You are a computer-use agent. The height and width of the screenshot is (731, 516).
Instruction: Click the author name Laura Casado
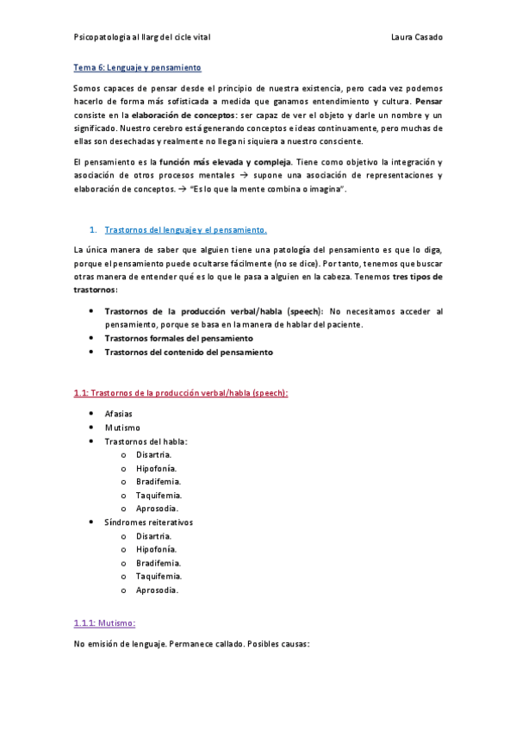click(x=416, y=38)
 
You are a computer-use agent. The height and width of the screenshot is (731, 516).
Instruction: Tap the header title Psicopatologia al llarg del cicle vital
click(x=142, y=38)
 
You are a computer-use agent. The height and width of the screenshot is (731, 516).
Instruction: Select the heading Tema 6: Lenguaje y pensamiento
click(x=138, y=67)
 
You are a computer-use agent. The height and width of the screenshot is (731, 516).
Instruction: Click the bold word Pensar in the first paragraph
click(x=428, y=101)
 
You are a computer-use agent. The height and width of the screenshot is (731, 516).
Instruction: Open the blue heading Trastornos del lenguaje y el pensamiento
click(x=185, y=229)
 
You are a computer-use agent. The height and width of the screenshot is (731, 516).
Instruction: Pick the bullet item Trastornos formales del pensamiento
click(x=185, y=338)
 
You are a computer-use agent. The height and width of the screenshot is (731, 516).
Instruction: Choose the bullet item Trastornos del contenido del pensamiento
click(x=188, y=352)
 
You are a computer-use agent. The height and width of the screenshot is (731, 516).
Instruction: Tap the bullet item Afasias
click(x=118, y=414)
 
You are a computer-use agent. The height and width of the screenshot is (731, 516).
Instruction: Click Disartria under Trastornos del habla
click(x=153, y=454)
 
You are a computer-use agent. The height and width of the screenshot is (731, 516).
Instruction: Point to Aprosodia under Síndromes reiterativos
click(x=157, y=590)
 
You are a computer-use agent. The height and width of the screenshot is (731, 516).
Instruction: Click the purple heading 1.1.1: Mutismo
click(x=105, y=622)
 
